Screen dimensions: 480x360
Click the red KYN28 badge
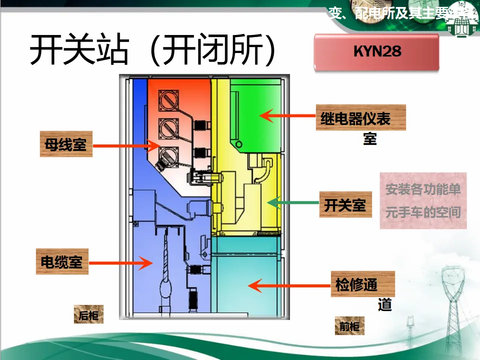[x=376, y=51]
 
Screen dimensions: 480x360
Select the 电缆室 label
[x=62, y=261]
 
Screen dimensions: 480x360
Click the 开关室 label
[x=345, y=204]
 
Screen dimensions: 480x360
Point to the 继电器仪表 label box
[x=360, y=118]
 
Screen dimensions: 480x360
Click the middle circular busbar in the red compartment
[x=168, y=128]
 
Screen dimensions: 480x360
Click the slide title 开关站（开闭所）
[x=152, y=50]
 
